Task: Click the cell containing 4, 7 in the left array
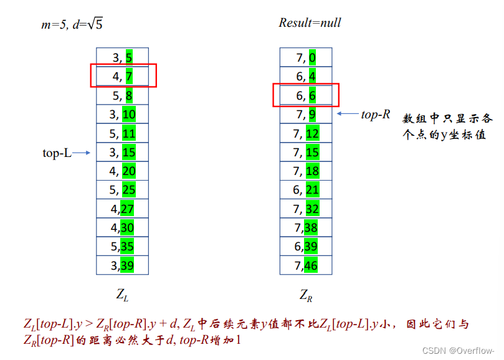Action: tap(122, 77)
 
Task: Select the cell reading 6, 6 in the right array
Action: tap(306, 95)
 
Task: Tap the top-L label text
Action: tap(57, 153)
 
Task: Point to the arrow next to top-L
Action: tap(82, 152)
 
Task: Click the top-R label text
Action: tap(376, 114)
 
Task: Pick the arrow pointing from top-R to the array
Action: tap(348, 114)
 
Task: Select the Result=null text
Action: tap(310, 23)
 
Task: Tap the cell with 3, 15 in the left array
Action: tap(122, 152)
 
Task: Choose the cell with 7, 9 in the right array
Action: tap(306, 114)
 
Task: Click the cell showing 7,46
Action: tap(306, 265)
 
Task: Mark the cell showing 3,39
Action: tap(122, 265)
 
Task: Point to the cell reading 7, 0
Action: tap(306, 58)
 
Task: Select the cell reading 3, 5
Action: tap(122, 58)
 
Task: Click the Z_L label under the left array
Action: tap(122, 295)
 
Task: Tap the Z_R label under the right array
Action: tap(305, 295)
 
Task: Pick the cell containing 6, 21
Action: tap(306, 189)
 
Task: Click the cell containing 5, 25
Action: tap(122, 189)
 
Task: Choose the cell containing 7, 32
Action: tap(306, 209)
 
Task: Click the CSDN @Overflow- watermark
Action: tap(462, 350)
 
